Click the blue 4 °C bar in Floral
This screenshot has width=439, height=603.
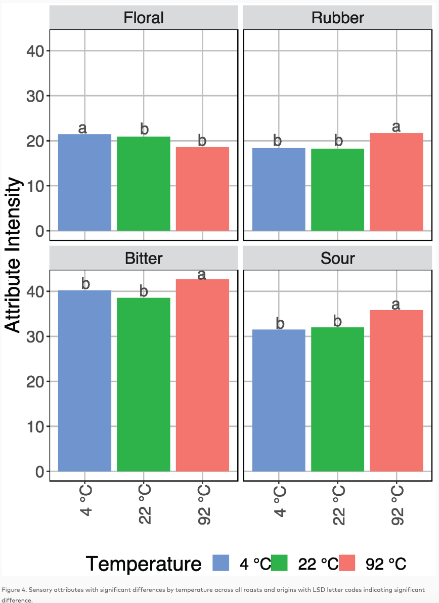[84, 182]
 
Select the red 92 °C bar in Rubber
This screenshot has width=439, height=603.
[397, 182]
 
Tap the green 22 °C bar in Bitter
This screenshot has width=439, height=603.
[144, 384]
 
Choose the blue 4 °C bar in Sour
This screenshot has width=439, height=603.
[279, 400]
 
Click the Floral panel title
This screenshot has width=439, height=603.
[144, 18]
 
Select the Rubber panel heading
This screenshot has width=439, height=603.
[337, 18]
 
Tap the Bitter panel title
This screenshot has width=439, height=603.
[144, 259]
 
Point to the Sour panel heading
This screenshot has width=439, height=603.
[337, 259]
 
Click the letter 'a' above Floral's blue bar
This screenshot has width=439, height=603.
[82, 128]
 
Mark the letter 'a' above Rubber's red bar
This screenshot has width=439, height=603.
[397, 126]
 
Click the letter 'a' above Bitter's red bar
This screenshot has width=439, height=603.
[201, 275]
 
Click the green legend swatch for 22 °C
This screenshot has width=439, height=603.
[279, 563]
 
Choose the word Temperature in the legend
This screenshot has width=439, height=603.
[144, 564]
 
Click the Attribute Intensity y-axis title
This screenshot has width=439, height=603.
[14, 255]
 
